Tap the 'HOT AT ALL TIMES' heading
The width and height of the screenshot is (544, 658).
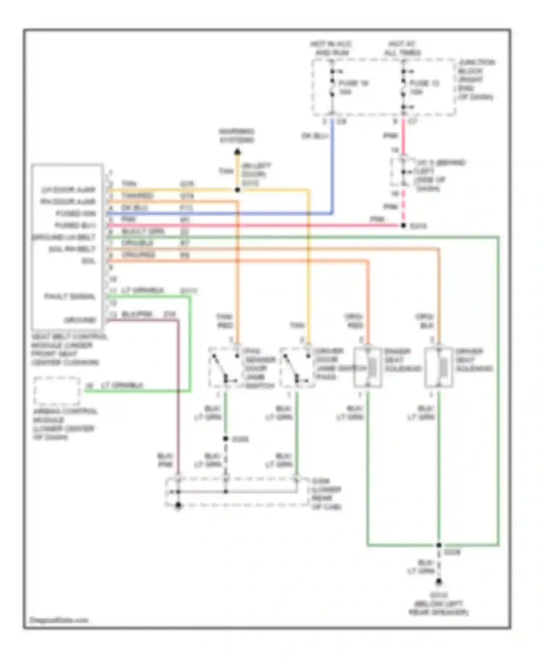point(402,49)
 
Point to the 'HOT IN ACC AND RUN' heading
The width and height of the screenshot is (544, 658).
point(331,49)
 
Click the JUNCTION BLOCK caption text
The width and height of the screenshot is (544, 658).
point(475,79)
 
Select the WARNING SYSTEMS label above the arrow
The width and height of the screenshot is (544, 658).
point(237,136)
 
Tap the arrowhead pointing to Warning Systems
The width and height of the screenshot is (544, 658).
point(237,152)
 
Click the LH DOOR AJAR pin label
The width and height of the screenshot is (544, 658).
point(69,190)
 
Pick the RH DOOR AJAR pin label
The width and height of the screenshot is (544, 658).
point(68,202)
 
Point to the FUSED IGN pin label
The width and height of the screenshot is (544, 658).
point(76,214)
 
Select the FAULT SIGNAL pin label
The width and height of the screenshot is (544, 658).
point(70,297)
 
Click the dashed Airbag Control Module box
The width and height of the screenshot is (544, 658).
point(57,391)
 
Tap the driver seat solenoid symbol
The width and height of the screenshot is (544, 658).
point(439,367)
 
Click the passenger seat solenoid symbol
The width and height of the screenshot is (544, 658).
point(368,367)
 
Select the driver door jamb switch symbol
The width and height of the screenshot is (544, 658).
point(297,367)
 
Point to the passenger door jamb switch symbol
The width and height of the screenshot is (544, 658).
point(225,367)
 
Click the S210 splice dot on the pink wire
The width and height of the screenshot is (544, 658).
point(403,226)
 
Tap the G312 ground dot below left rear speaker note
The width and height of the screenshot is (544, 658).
point(439,583)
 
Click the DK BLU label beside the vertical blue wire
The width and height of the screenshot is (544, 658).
point(315,136)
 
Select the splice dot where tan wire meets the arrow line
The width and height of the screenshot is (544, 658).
point(237,190)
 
